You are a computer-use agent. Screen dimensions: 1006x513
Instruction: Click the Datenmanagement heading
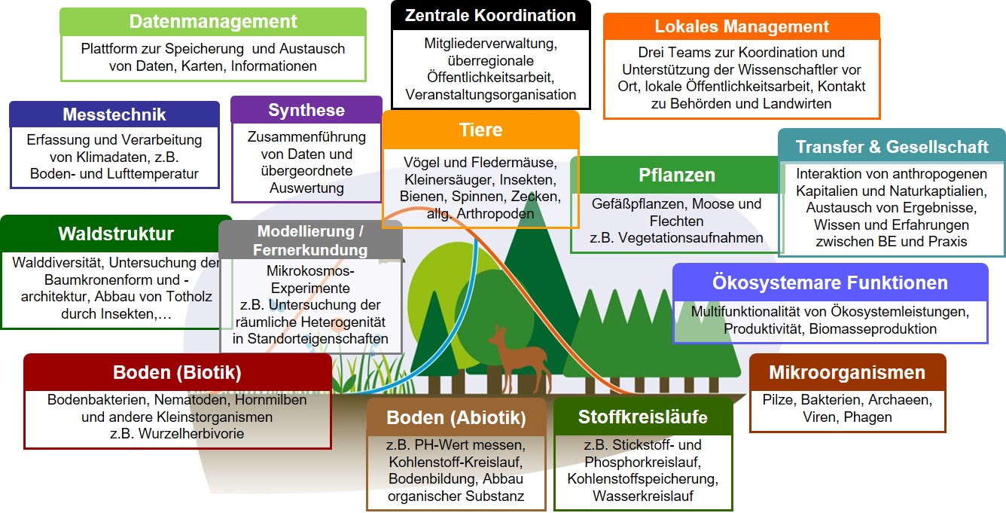click(213, 22)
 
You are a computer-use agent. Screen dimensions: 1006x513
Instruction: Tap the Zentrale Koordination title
click(490, 15)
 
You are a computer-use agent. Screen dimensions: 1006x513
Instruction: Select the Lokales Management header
click(742, 26)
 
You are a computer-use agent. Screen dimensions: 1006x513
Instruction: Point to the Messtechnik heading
click(114, 115)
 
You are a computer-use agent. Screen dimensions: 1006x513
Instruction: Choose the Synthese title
click(306, 110)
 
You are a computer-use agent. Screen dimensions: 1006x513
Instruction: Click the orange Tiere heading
click(480, 130)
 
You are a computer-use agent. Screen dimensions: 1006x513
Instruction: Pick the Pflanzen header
click(677, 176)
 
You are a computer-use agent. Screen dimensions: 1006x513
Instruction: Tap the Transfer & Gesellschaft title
click(892, 147)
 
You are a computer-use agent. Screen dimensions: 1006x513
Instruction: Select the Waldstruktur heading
click(116, 234)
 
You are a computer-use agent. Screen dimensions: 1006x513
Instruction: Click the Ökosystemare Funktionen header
click(830, 282)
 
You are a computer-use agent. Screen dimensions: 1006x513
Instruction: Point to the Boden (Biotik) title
click(177, 372)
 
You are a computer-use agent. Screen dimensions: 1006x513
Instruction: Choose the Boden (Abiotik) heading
click(456, 418)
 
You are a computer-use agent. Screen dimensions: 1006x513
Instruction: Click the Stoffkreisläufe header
click(642, 417)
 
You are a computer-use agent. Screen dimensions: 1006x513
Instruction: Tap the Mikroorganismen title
click(847, 372)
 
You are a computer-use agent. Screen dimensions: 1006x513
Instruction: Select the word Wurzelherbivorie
click(191, 434)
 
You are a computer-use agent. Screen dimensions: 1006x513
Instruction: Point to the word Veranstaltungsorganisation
click(490, 95)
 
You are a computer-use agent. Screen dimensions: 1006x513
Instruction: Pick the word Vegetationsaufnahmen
click(690, 237)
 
